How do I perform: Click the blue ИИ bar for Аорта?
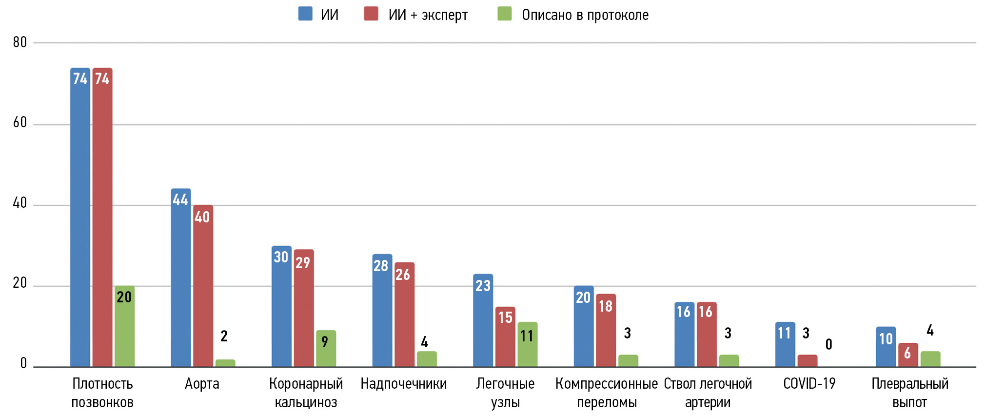(180, 278)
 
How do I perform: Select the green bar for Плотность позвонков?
(124, 327)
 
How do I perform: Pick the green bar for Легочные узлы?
(527, 344)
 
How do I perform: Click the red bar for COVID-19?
(807, 361)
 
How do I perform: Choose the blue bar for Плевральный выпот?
(886, 347)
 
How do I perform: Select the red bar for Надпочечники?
(404, 315)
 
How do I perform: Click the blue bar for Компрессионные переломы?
(583, 326)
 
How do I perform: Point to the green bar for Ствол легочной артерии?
(729, 361)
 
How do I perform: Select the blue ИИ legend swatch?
(305, 14)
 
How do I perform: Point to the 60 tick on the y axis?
(20, 122)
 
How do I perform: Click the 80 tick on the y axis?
(20, 42)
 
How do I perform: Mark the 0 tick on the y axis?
(23, 363)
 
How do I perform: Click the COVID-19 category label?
(809, 384)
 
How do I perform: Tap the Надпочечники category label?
(403, 384)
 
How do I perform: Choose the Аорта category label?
(202, 384)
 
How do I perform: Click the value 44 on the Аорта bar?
(180, 199)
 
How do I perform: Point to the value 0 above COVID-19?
(828, 345)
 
